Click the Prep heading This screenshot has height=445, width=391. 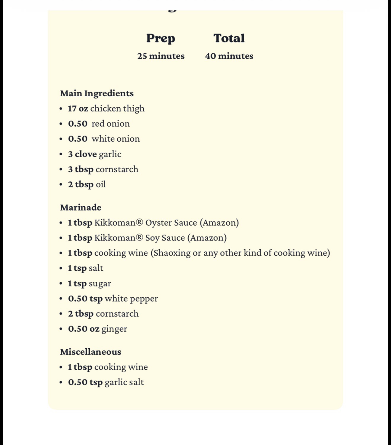[x=161, y=38]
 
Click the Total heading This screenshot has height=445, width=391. [x=229, y=38]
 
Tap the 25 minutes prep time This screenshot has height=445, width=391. [x=161, y=56]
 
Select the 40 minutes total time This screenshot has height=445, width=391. [x=229, y=56]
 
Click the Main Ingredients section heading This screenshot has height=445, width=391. [x=97, y=93]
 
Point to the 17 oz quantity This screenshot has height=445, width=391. [x=78, y=109]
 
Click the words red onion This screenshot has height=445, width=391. [x=110, y=124]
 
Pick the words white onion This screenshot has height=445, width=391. [x=116, y=139]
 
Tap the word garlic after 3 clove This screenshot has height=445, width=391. [x=110, y=154]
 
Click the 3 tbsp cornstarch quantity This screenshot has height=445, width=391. [x=81, y=169]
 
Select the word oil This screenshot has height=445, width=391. [x=101, y=184]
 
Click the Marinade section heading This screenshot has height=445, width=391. [x=81, y=208]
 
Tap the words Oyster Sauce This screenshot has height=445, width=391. [x=171, y=223]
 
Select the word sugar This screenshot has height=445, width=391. [x=100, y=284]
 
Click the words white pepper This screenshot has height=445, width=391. [x=131, y=299]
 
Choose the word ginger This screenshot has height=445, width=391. [x=114, y=329]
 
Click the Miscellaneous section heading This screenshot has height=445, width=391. [x=91, y=352]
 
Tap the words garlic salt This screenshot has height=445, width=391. [x=124, y=382]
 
